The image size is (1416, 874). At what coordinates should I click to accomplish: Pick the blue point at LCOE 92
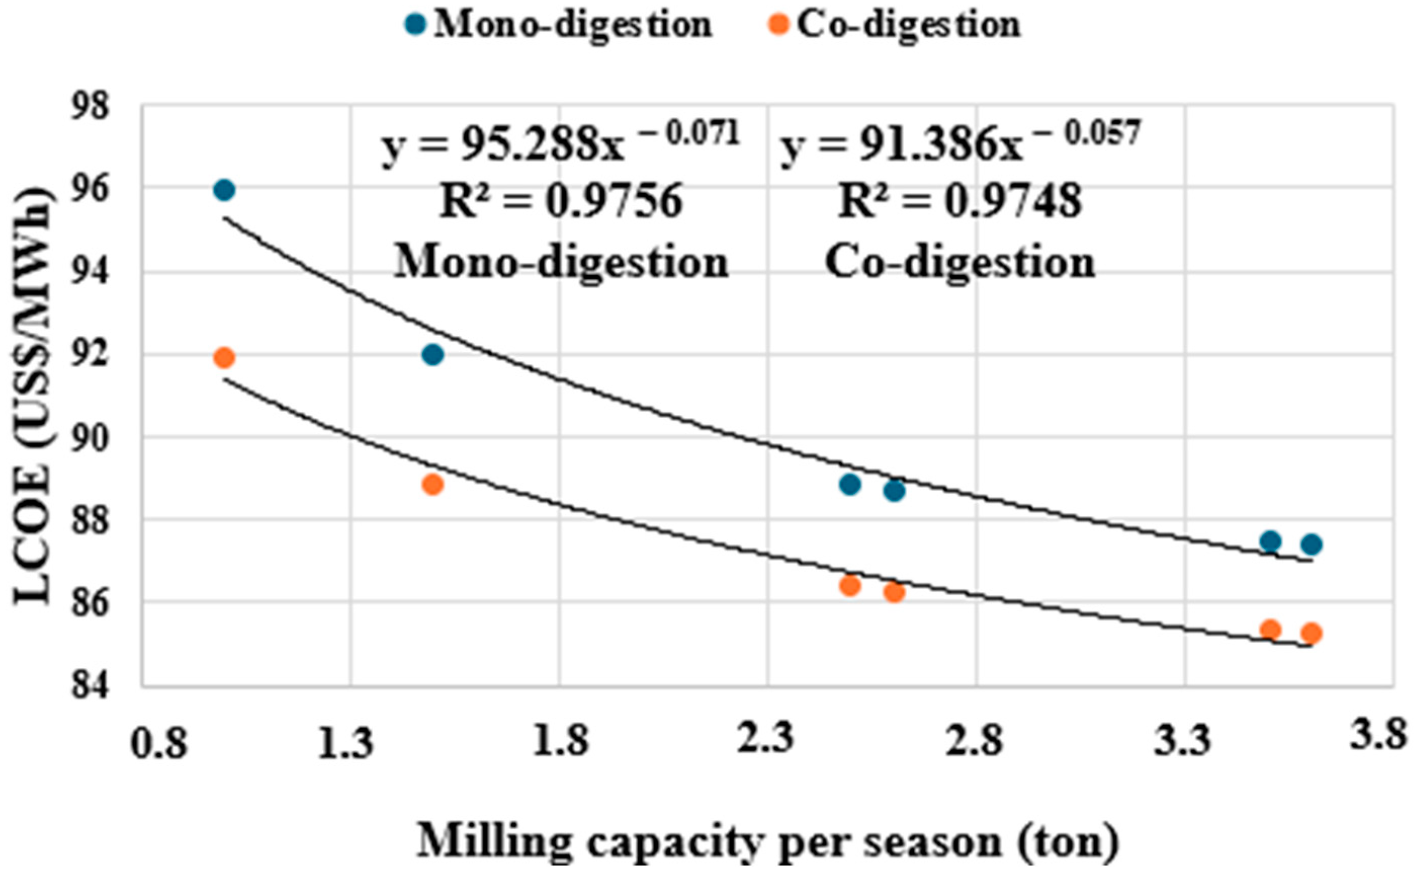(x=433, y=355)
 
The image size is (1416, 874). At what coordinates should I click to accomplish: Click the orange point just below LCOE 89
(x=433, y=485)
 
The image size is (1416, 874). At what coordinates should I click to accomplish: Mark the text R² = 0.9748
(x=959, y=203)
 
